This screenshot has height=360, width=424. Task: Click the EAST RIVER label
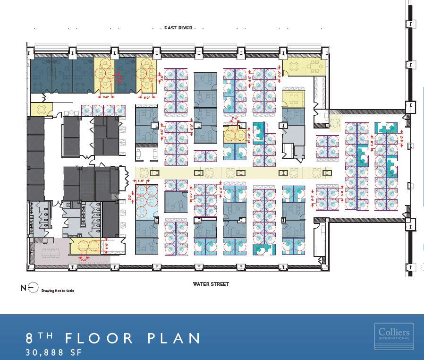point(178,28)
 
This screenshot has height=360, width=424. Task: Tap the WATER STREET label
point(211,284)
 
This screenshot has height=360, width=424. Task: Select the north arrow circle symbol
point(32,288)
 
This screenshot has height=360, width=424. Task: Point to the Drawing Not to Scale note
point(58,291)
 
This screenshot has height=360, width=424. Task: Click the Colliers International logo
point(394,336)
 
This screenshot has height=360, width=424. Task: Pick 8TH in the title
point(39,338)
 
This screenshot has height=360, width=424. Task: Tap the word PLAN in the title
point(175,338)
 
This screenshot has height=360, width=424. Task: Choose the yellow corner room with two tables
point(305,67)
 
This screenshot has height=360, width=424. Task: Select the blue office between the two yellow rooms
point(126,75)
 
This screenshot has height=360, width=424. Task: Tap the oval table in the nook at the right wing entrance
point(335,123)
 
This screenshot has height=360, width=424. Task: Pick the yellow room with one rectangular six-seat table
point(292,99)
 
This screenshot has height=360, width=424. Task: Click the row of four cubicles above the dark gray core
point(103,110)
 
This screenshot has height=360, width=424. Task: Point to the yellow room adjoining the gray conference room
point(85,247)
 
